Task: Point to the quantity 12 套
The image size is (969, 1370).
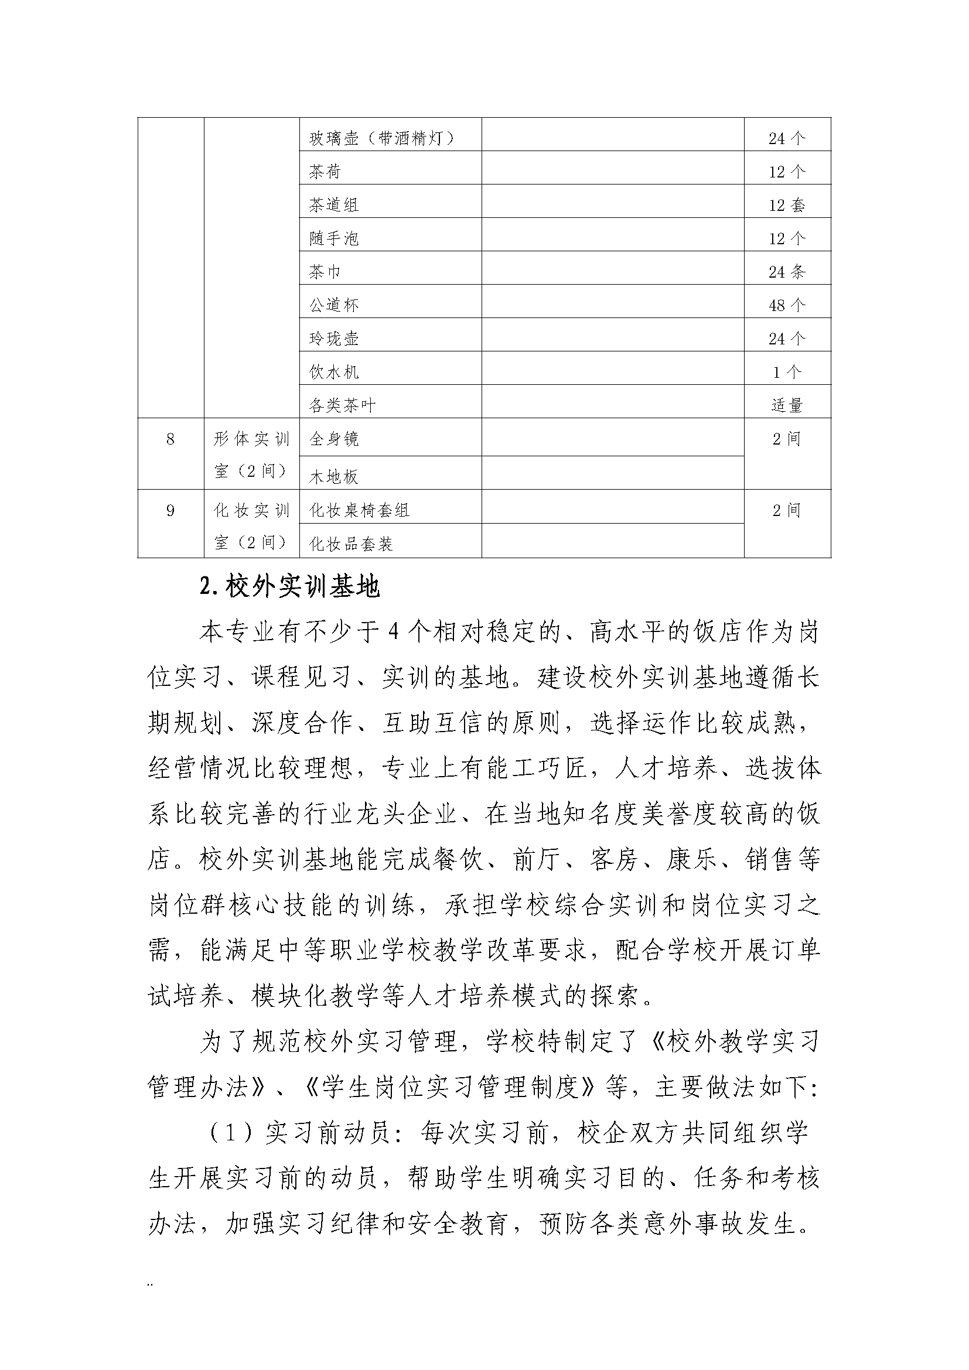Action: tap(787, 205)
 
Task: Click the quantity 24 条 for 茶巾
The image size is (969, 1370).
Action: tap(787, 272)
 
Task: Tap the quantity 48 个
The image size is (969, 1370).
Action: tap(787, 306)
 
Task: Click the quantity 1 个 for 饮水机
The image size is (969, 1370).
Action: tap(787, 373)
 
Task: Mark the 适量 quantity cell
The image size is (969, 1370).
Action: tap(787, 406)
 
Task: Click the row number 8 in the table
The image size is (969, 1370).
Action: tap(170, 440)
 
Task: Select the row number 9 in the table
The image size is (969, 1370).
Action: tap(170, 511)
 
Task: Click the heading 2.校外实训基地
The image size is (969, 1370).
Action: tap(290, 587)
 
